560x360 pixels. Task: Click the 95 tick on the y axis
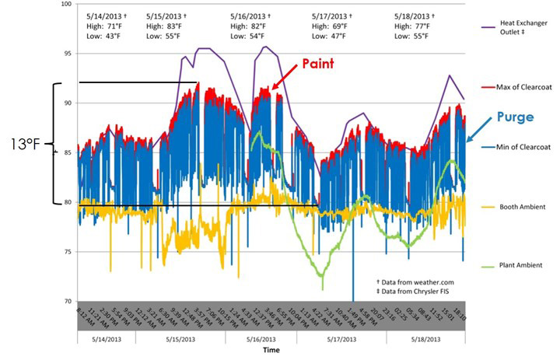pos(67,54)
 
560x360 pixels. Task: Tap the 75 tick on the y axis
pos(67,252)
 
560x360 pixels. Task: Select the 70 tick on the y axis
pos(67,302)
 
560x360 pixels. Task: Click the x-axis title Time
pos(271,351)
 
